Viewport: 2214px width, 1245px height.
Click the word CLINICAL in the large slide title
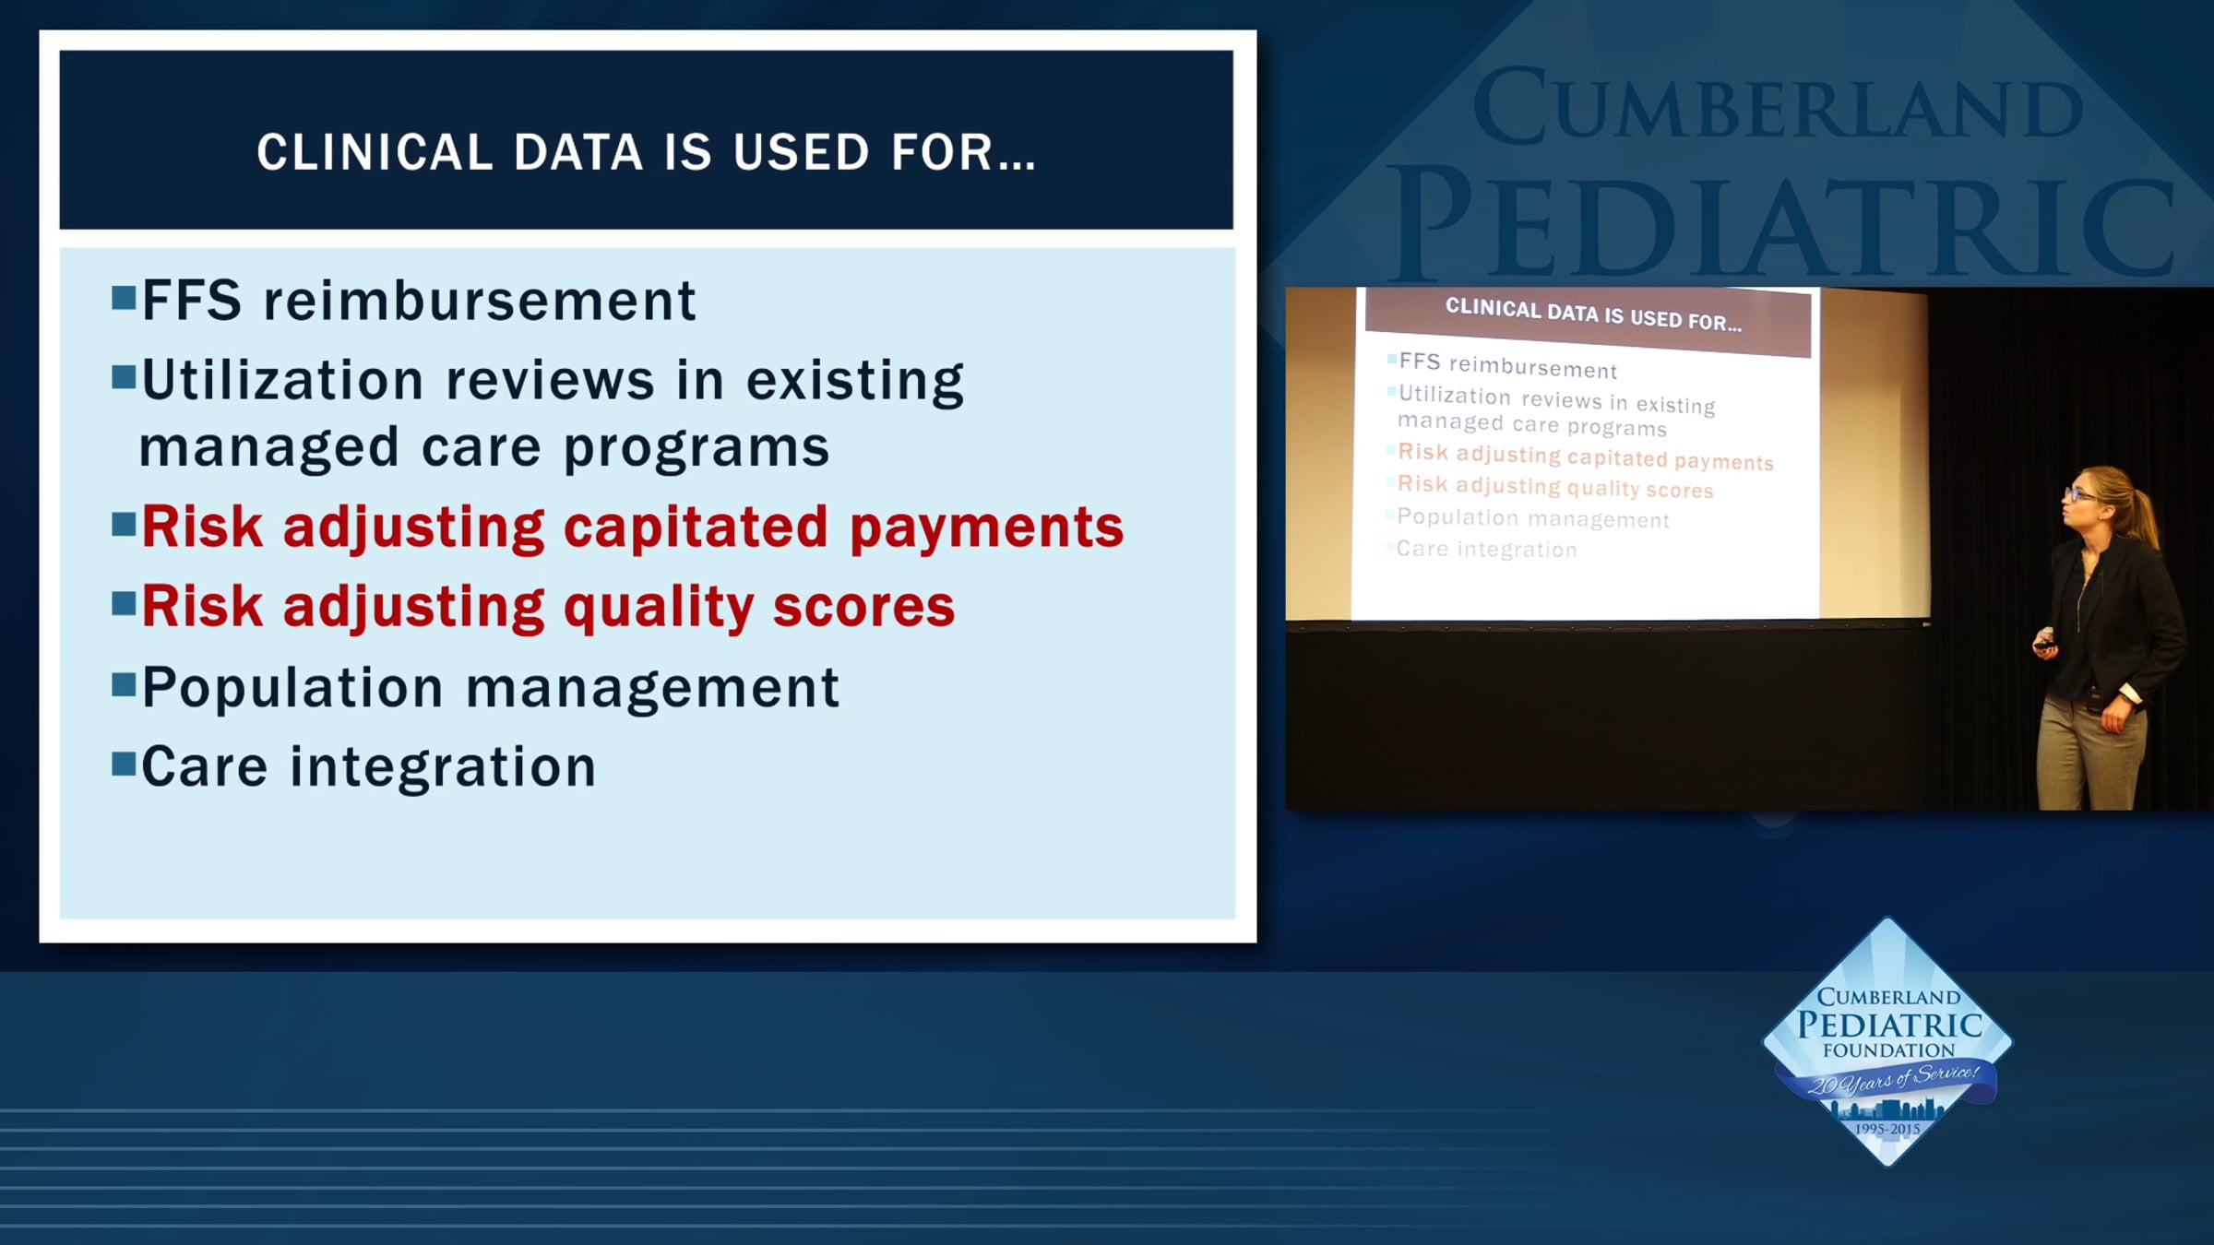pyautogui.click(x=375, y=152)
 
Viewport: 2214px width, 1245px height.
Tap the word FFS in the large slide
pyautogui.click(x=192, y=301)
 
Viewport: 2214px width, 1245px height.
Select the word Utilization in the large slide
pyautogui.click(x=282, y=379)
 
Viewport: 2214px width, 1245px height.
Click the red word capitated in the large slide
pyautogui.click(x=696, y=528)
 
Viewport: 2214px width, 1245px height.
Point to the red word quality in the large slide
pyautogui.click(x=659, y=609)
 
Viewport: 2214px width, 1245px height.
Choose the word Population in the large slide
pyautogui.click(x=292, y=689)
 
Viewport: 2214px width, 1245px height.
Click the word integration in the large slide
pyautogui.click(x=443, y=766)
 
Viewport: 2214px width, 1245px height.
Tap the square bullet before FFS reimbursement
pyautogui.click(x=124, y=298)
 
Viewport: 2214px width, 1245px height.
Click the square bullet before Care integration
pyautogui.click(x=124, y=765)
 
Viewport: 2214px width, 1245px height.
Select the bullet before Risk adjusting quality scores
pyautogui.click(x=124, y=604)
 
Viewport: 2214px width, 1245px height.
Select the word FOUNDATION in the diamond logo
pyautogui.click(x=1888, y=1050)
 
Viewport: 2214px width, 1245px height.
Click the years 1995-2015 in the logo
pyautogui.click(x=1887, y=1129)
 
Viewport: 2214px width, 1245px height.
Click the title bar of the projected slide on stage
pyautogui.click(x=1589, y=321)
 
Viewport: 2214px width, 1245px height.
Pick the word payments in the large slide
pyautogui.click(x=986, y=528)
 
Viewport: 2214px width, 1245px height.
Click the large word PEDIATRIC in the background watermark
pyautogui.click(x=1785, y=226)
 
